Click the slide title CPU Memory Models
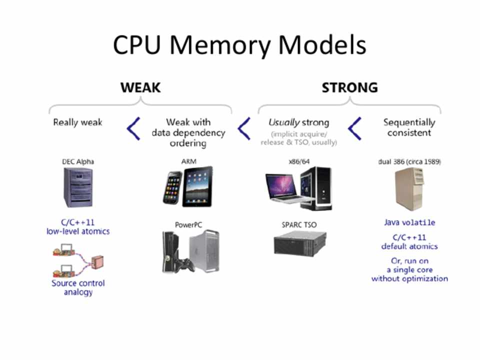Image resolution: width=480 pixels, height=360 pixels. pos(239,45)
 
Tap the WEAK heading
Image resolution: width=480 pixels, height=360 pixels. pos(140,87)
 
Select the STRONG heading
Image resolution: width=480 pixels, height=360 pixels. pos(349,87)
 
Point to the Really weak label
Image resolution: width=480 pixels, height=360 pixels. pos(77,122)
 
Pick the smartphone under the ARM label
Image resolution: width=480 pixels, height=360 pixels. pos(172,188)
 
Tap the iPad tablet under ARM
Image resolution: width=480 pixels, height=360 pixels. pos(197,186)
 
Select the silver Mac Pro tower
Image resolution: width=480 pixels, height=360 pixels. pos(204,250)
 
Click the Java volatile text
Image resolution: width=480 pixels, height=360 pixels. pos(409,222)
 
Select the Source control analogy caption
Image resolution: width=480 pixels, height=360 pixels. pos(78,287)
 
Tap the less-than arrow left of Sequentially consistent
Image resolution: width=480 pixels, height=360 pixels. pos(354,128)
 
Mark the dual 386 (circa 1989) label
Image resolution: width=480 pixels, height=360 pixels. pos(409,161)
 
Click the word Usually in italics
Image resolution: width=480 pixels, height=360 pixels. pos(283,122)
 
